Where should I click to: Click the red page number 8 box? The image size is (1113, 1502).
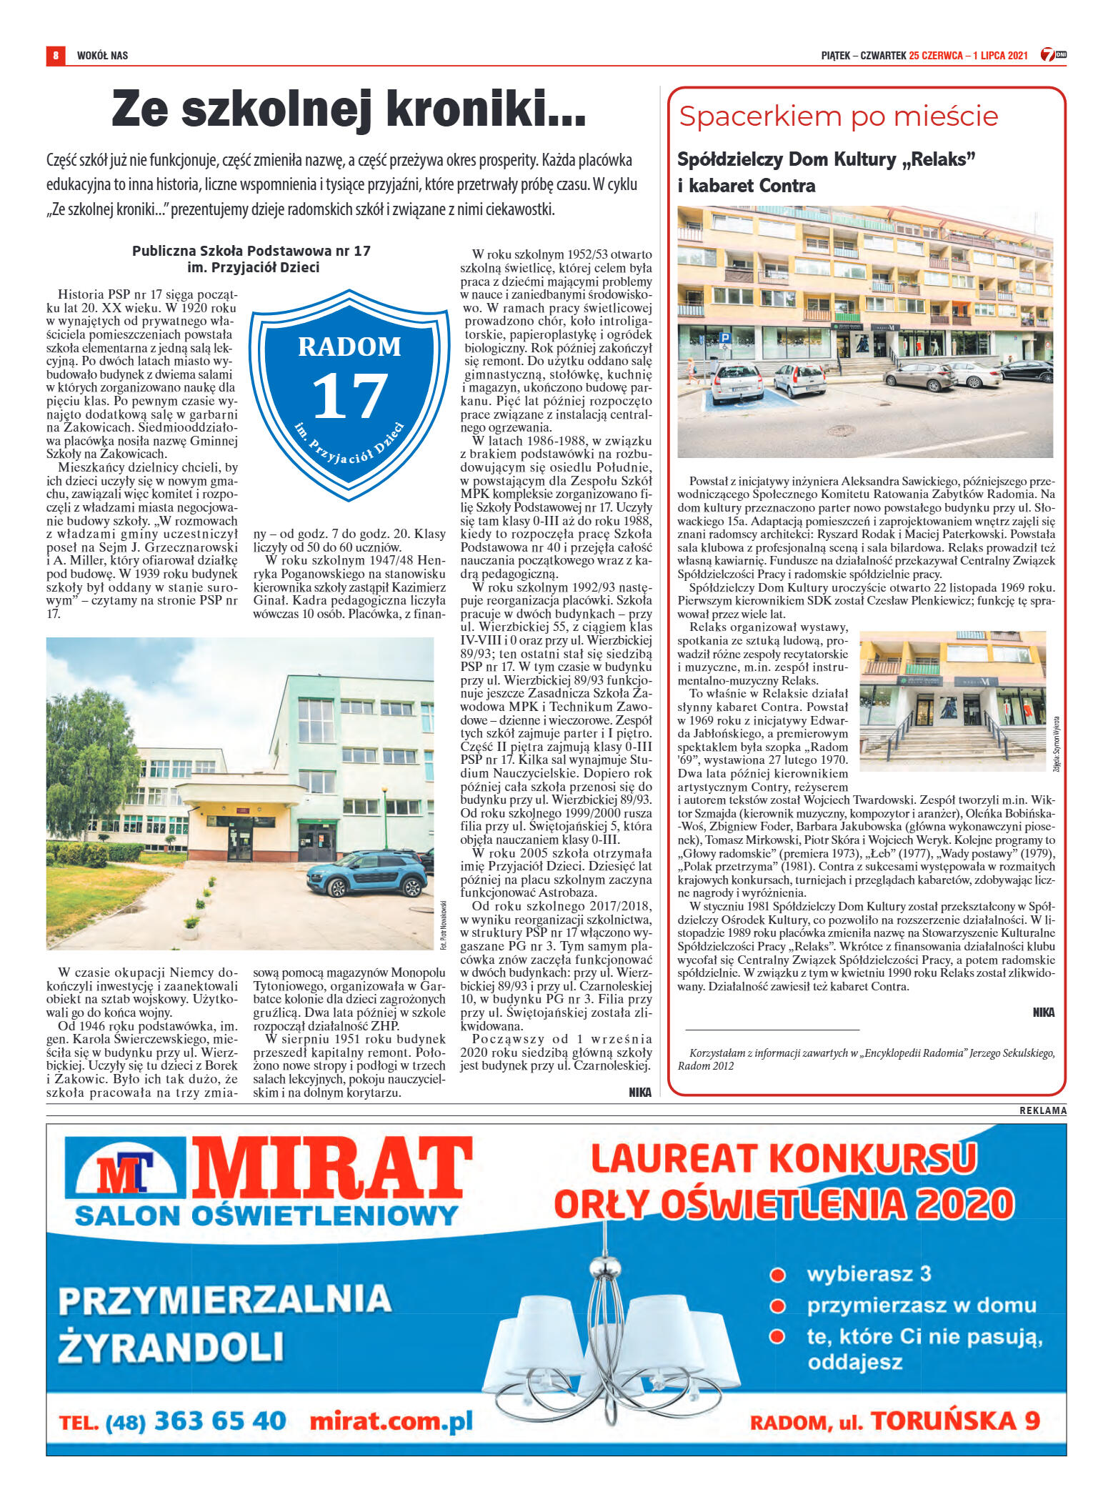coord(55,55)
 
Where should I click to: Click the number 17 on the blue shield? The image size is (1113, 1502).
coord(349,397)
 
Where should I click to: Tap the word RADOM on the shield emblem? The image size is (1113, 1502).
coord(349,347)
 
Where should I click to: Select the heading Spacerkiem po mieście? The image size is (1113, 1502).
coord(838,116)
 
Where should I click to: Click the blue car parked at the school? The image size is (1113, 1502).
coord(366,873)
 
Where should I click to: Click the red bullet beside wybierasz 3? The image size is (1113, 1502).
coord(778,1275)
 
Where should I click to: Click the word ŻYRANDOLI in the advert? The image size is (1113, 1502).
coord(171,1347)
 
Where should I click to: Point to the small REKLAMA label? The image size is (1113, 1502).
coord(1042,1110)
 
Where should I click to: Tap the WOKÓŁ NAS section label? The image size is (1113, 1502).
coord(102,56)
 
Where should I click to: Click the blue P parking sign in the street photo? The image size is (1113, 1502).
coord(724,336)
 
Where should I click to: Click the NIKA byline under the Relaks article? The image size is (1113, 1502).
coord(1043,1012)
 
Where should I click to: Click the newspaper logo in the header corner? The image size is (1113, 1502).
coord(1052,54)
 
